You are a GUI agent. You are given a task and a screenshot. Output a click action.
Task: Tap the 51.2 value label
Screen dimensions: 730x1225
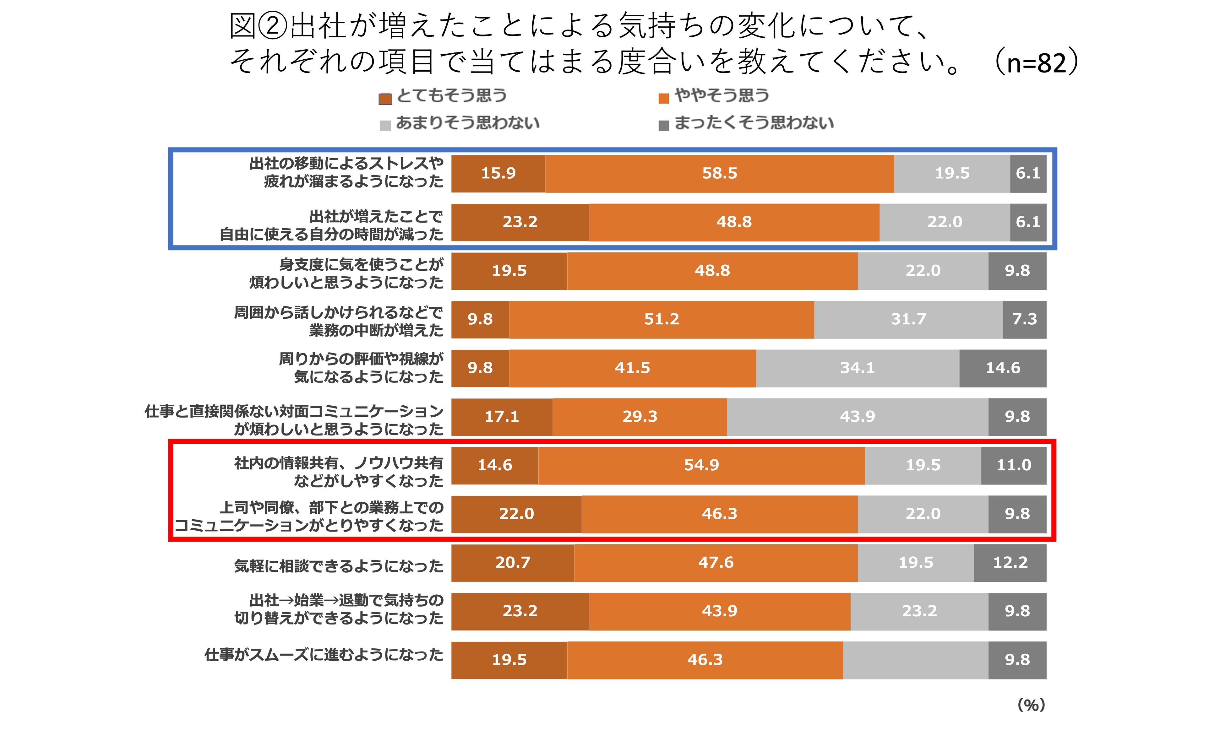(x=662, y=319)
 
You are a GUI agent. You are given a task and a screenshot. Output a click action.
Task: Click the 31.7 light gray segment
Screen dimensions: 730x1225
(x=908, y=319)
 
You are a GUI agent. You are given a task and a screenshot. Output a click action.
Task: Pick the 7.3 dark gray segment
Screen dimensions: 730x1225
(x=1024, y=319)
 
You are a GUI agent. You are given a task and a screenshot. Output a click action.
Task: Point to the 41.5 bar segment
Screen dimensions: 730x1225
(x=632, y=368)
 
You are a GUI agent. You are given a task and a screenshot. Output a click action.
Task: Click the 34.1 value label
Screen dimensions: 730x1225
(x=857, y=368)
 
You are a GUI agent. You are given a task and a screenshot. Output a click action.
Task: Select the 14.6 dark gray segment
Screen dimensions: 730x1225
(x=1003, y=368)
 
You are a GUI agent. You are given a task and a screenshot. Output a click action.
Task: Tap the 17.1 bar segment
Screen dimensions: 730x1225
(x=502, y=417)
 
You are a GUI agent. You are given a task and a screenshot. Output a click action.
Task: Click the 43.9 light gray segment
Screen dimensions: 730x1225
(x=857, y=417)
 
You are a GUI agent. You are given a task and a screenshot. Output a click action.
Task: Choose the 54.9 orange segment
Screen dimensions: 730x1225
(x=701, y=465)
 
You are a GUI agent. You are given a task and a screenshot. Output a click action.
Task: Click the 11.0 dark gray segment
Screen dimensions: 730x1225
(x=1014, y=465)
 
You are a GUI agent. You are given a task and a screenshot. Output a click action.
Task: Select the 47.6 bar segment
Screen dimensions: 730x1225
(x=716, y=563)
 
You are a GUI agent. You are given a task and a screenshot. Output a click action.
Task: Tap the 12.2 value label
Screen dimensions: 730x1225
(x=1010, y=563)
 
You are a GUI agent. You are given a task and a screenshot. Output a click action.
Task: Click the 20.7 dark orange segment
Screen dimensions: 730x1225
(x=513, y=563)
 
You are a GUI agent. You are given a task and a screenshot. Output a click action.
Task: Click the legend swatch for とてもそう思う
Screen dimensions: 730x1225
(x=385, y=99)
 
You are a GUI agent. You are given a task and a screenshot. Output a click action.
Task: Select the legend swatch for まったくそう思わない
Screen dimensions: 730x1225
(x=664, y=126)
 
